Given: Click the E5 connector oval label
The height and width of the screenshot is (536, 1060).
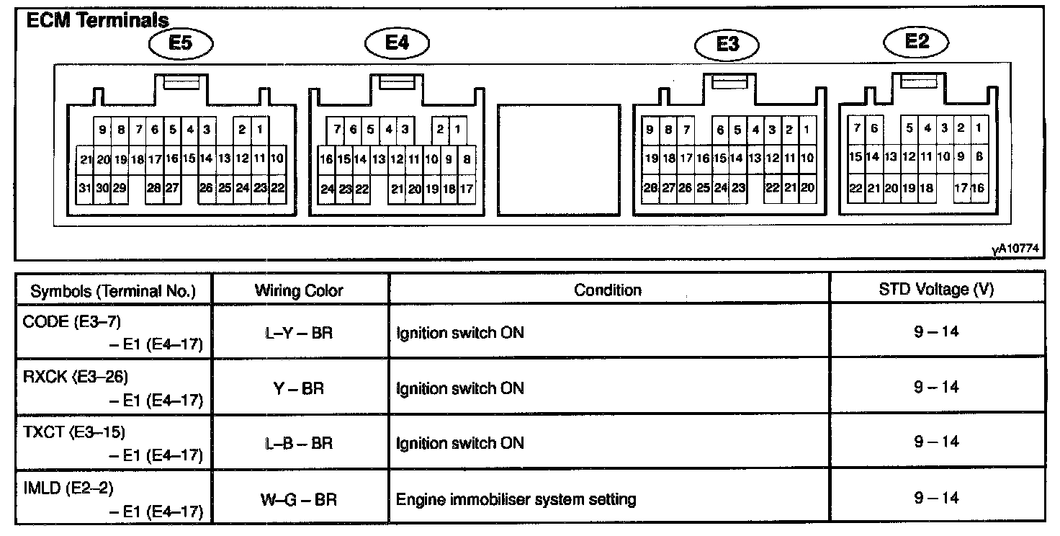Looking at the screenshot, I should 181,43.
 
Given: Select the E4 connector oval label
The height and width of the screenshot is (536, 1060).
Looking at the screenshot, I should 397,43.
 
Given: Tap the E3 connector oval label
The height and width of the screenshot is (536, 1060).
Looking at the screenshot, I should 728,45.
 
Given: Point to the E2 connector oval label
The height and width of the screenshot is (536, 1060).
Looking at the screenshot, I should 917,41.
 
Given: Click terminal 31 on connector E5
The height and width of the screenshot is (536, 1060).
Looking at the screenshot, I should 86,188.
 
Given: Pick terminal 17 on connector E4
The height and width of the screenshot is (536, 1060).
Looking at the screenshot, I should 466,189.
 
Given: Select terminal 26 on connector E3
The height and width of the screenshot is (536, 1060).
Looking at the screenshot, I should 685,189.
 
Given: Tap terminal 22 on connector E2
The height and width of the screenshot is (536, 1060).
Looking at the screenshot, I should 855,188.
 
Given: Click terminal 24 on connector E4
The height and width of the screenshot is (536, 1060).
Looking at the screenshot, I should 328,189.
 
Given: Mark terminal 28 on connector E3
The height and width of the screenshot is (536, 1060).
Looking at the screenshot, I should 650,189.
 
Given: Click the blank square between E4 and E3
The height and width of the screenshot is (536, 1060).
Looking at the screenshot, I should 559,160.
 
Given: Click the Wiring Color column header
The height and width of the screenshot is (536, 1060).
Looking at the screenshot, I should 299,290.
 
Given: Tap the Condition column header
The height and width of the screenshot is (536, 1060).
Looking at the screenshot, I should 608,290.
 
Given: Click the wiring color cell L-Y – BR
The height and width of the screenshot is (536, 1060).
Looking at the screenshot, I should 300,334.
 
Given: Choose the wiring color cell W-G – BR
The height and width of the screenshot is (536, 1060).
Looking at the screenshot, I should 300,498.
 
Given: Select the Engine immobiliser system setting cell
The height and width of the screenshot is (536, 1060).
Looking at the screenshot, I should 516,498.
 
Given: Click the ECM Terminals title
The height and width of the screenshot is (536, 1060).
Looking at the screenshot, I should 97,20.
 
